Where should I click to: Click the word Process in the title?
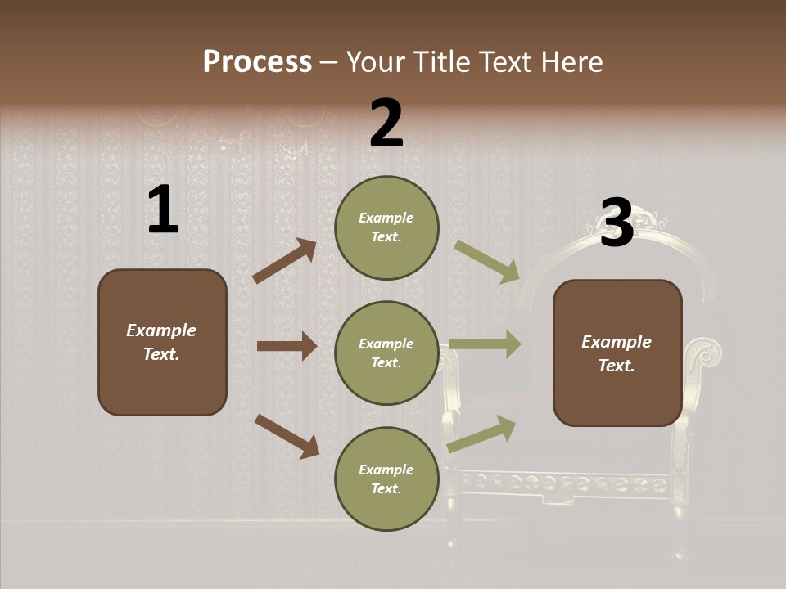tap(257, 61)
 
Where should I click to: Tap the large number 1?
tap(163, 210)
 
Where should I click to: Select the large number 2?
tap(386, 124)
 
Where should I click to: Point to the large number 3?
tap(617, 223)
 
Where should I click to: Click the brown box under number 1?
tap(162, 342)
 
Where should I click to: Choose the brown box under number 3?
tap(617, 353)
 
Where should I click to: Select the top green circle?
tap(386, 227)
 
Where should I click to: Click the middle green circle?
tap(386, 353)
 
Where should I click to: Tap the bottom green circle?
tap(386, 479)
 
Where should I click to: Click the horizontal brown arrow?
tap(287, 346)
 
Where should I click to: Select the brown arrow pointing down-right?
tap(287, 435)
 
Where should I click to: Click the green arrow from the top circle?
tap(487, 261)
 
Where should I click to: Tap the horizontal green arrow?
tap(485, 344)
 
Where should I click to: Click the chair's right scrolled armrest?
tap(704, 354)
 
